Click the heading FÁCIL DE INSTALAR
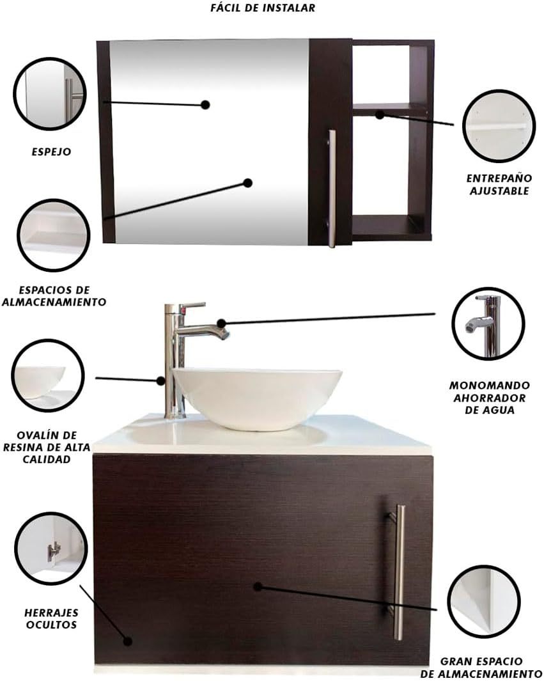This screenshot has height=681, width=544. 263,8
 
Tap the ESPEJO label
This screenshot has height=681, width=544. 51,152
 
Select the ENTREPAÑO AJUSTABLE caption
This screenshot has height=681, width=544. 499,185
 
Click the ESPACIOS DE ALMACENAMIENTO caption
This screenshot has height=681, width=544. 54,296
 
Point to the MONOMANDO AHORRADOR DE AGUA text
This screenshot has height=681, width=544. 489,397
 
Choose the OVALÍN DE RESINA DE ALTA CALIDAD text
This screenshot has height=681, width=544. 47,448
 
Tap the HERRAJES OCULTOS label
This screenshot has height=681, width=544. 51,619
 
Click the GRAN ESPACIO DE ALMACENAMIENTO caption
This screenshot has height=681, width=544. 481,668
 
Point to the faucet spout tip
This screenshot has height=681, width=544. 224,334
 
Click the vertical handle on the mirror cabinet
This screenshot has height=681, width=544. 332,189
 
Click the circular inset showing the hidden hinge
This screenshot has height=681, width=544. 51,549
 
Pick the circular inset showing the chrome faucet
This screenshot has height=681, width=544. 488,324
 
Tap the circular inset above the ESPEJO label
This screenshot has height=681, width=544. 49,93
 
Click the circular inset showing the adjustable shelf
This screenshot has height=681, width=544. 499,126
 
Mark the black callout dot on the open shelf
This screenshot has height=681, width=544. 380,115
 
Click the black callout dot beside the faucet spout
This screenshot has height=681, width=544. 221,323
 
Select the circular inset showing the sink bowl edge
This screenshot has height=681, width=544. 48,376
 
